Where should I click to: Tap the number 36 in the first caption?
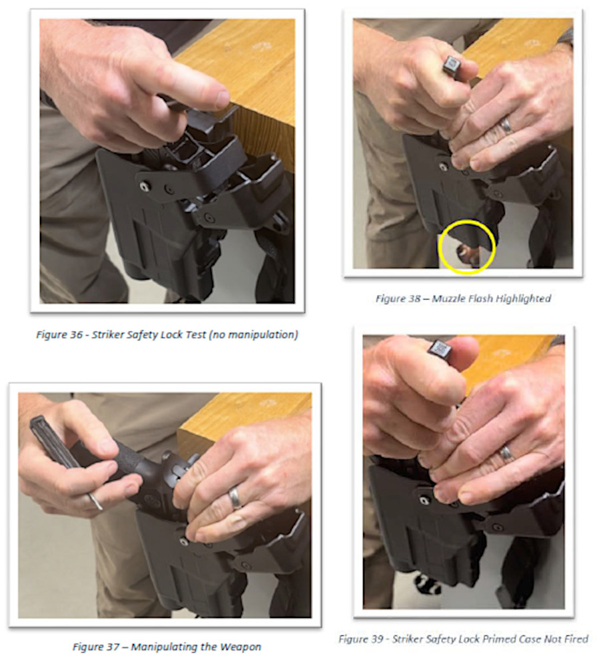tap(76, 335)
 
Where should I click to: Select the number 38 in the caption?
tap(414, 298)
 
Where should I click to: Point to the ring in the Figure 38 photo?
tap(506, 126)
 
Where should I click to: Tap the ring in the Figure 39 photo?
tap(506, 453)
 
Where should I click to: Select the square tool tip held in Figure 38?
tap(451, 65)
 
